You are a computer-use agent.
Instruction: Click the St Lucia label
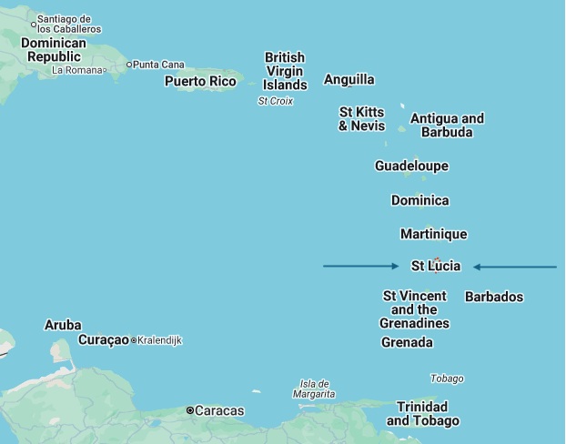click(x=436, y=267)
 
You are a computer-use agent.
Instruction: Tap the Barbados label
click(x=494, y=297)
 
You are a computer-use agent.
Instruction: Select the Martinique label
click(x=433, y=234)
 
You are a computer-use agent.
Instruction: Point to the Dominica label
click(x=419, y=200)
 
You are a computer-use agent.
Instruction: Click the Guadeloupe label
click(x=411, y=166)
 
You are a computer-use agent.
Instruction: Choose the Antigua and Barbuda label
click(x=447, y=126)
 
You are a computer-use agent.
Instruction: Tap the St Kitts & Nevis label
click(x=361, y=119)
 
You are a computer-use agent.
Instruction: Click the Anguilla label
click(x=349, y=80)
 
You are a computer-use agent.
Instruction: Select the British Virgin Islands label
click(x=285, y=71)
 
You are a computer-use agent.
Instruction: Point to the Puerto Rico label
click(x=200, y=82)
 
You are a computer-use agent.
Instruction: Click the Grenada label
click(x=407, y=343)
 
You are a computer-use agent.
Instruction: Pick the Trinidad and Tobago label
click(x=422, y=414)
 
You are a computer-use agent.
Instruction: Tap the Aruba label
click(x=63, y=325)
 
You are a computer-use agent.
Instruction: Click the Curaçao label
click(x=103, y=340)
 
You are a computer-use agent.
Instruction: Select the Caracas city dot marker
click(x=190, y=411)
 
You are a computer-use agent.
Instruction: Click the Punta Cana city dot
click(x=129, y=65)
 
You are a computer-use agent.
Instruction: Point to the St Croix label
click(x=276, y=101)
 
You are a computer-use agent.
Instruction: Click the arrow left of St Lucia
click(x=361, y=267)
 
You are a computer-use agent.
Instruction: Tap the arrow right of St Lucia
click(x=515, y=267)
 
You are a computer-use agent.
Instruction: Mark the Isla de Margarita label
click(x=314, y=389)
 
